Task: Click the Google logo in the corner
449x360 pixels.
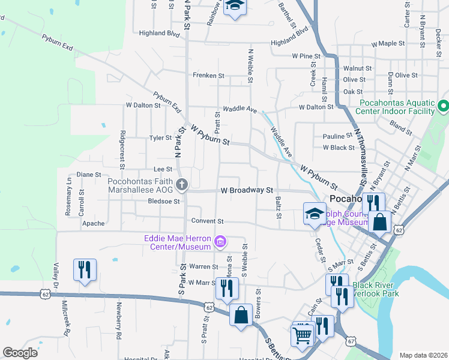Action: [x=20, y=353]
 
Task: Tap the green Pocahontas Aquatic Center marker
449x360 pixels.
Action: [x=444, y=107]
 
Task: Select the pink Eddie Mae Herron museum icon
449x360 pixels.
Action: [x=220, y=242]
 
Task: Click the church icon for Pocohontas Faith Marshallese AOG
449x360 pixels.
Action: [x=181, y=185]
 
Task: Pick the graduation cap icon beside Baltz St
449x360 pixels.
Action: [x=315, y=214]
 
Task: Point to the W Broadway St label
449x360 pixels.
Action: [x=247, y=190]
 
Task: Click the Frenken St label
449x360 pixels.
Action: [x=208, y=76]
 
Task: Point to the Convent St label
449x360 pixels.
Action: [x=207, y=221]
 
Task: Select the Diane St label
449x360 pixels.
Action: [x=88, y=175]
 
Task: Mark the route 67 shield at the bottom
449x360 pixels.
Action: [x=349, y=341]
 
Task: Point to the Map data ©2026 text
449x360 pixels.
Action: [x=423, y=355]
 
